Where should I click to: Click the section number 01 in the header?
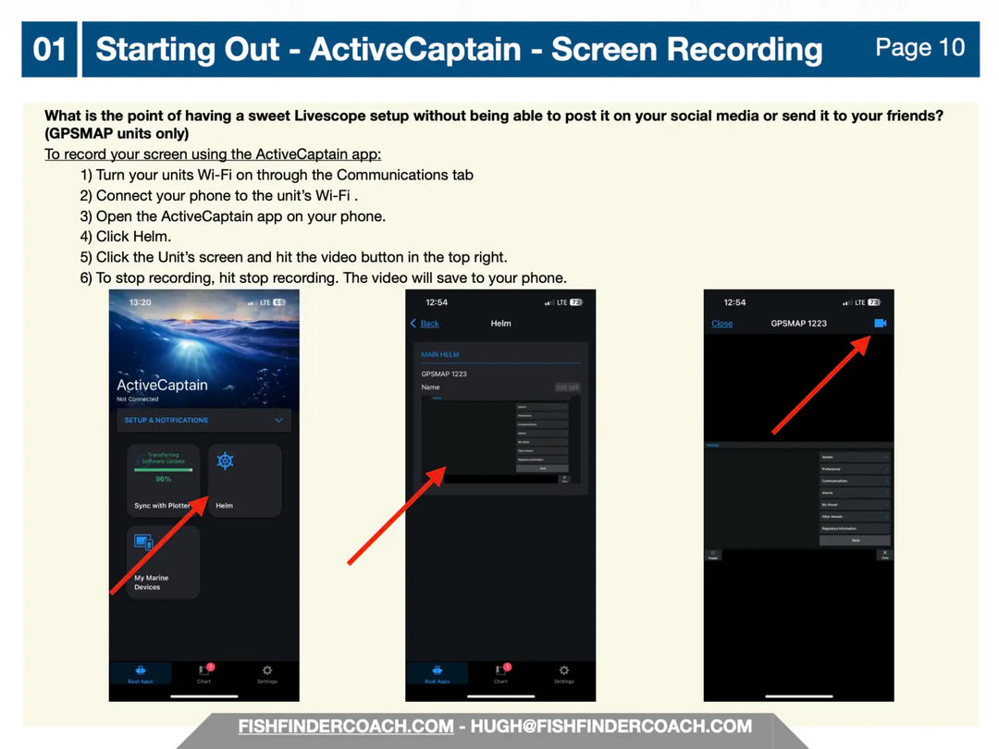(49, 49)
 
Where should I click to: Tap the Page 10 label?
(919, 47)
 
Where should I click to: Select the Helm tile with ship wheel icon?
(244, 480)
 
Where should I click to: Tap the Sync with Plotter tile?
(163, 480)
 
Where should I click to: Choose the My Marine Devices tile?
(163, 562)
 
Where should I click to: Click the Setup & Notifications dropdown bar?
(203, 420)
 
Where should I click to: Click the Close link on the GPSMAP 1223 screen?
(721, 324)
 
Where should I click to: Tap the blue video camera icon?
(880, 323)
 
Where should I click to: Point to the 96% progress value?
(163, 479)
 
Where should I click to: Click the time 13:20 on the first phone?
(140, 302)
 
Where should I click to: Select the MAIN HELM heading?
(440, 354)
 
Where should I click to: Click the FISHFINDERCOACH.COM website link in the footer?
(346, 727)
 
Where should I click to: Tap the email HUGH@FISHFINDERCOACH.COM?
(610, 727)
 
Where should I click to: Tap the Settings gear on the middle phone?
(563, 672)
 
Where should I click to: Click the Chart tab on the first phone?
(204, 673)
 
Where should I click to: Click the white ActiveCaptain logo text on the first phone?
(162, 385)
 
